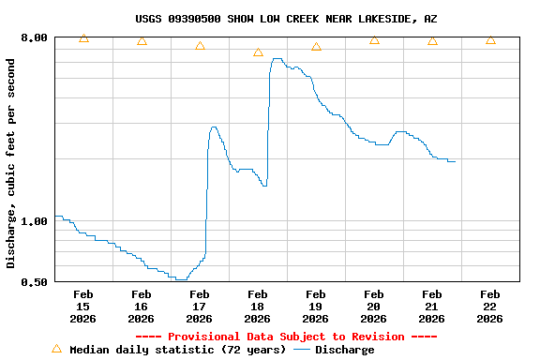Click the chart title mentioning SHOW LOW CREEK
286,19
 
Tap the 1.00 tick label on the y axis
34,221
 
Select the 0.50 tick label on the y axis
34,281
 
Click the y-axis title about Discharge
11,163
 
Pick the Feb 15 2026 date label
82,307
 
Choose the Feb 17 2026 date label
199,307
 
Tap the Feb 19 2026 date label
315,307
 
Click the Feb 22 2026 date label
489,307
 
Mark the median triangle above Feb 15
83,38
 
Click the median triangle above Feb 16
142,41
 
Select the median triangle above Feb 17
200,46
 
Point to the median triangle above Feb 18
258,52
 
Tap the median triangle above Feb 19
316,47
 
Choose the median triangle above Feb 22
490,40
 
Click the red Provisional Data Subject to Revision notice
286,337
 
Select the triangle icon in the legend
56,349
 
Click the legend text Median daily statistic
177,350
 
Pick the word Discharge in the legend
344,350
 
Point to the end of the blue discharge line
455,161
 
